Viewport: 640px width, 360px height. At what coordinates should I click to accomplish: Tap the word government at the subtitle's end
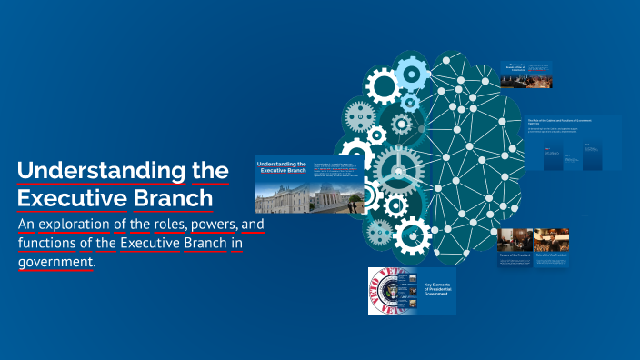(55, 262)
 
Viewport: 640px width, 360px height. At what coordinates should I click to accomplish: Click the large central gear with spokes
(399, 169)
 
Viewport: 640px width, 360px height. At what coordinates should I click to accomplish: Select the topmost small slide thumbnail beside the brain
(526, 75)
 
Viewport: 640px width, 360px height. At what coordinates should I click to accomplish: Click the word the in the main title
(208, 171)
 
